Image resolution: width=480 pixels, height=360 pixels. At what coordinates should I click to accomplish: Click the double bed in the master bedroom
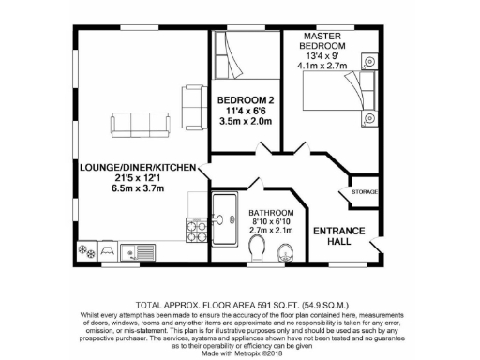click(333, 93)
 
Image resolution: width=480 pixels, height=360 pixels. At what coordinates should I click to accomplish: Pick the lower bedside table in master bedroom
click(368, 119)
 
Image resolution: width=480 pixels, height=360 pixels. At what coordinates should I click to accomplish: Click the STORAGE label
click(365, 193)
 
